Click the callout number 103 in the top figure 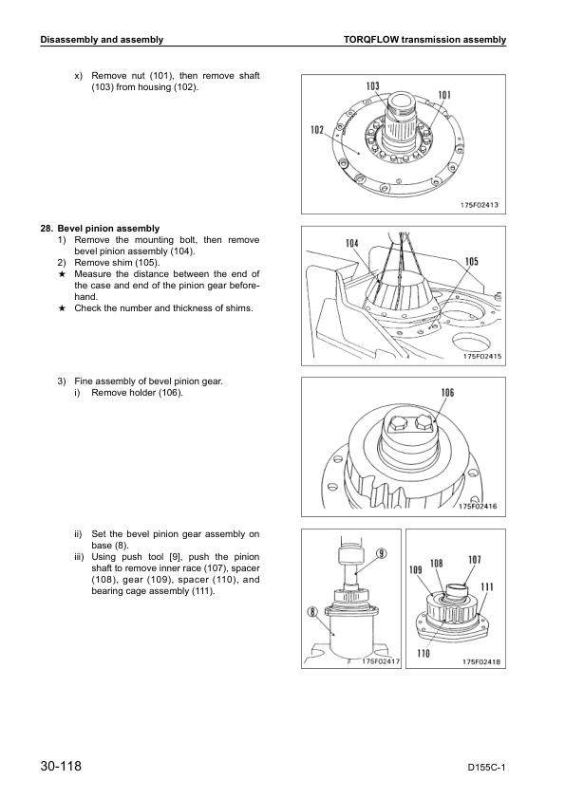click(373, 86)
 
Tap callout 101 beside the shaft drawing click(444, 95)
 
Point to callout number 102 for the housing click(317, 130)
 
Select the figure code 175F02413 click(480, 205)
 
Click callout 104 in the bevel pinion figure click(352, 243)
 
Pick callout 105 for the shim click(472, 261)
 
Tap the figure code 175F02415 click(482, 356)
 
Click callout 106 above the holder click(447, 392)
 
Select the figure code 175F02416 click(478, 506)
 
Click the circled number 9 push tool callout click(382, 553)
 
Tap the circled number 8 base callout click(312, 612)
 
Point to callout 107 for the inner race click(474, 560)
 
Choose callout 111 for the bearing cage click(487, 586)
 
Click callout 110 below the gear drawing click(424, 654)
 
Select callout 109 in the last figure click(416, 569)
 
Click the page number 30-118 click(61, 766)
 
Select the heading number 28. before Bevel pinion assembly click(47, 229)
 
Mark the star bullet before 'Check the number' click(62, 307)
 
